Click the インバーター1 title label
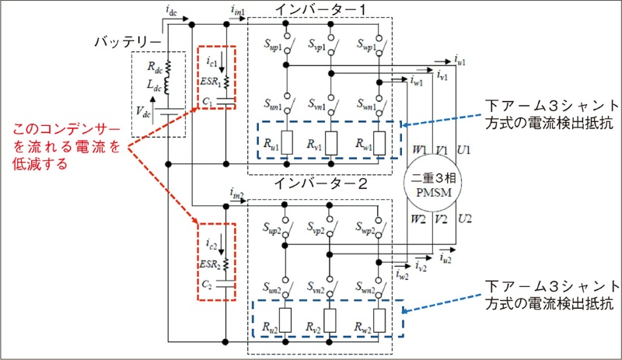319,9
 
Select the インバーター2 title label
319,184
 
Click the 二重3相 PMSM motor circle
433,183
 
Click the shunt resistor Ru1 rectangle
285,141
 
